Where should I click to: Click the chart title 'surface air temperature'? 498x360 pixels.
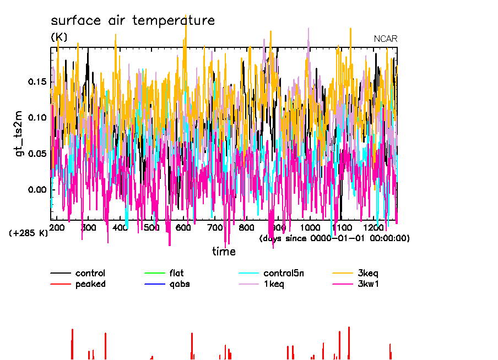tap(132, 21)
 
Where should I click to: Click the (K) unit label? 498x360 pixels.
tap(59, 37)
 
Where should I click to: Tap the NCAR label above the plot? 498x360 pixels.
tap(386, 39)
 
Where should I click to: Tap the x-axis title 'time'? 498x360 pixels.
tap(224, 252)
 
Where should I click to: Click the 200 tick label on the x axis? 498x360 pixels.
tap(57, 228)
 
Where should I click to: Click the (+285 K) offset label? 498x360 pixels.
tap(29, 233)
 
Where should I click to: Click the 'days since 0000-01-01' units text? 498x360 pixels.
tap(334, 238)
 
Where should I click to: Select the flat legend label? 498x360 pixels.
tap(177, 273)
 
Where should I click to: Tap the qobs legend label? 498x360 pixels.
tap(180, 284)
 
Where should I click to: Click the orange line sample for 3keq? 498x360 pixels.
tap(344, 273)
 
